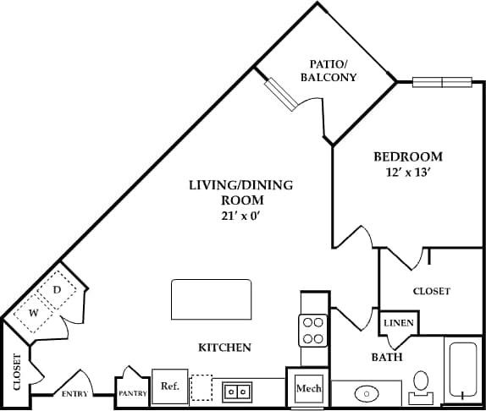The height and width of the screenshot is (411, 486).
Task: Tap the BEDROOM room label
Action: (408, 156)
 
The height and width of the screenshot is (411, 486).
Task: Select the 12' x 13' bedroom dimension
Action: (408, 173)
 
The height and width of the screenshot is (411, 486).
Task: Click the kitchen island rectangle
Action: (212, 297)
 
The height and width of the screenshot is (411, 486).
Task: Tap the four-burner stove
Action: (312, 330)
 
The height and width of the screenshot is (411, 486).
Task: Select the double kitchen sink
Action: (236, 391)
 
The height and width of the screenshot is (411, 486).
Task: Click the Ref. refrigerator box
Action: (168, 386)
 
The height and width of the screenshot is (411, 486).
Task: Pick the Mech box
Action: (307, 388)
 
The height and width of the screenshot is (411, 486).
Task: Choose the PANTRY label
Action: (132, 393)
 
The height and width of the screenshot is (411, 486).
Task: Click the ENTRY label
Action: (75, 394)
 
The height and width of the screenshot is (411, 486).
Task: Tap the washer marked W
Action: (35, 313)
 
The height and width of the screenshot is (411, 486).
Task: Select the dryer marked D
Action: (58, 290)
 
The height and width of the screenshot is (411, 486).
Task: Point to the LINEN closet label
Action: (398, 324)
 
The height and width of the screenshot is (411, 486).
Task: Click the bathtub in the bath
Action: (463, 370)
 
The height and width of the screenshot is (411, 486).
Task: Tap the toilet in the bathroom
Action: (420, 386)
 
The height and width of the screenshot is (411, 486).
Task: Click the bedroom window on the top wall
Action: (441, 82)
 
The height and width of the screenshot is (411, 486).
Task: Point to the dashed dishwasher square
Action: (202, 387)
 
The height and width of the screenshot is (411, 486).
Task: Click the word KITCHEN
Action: (224, 348)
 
